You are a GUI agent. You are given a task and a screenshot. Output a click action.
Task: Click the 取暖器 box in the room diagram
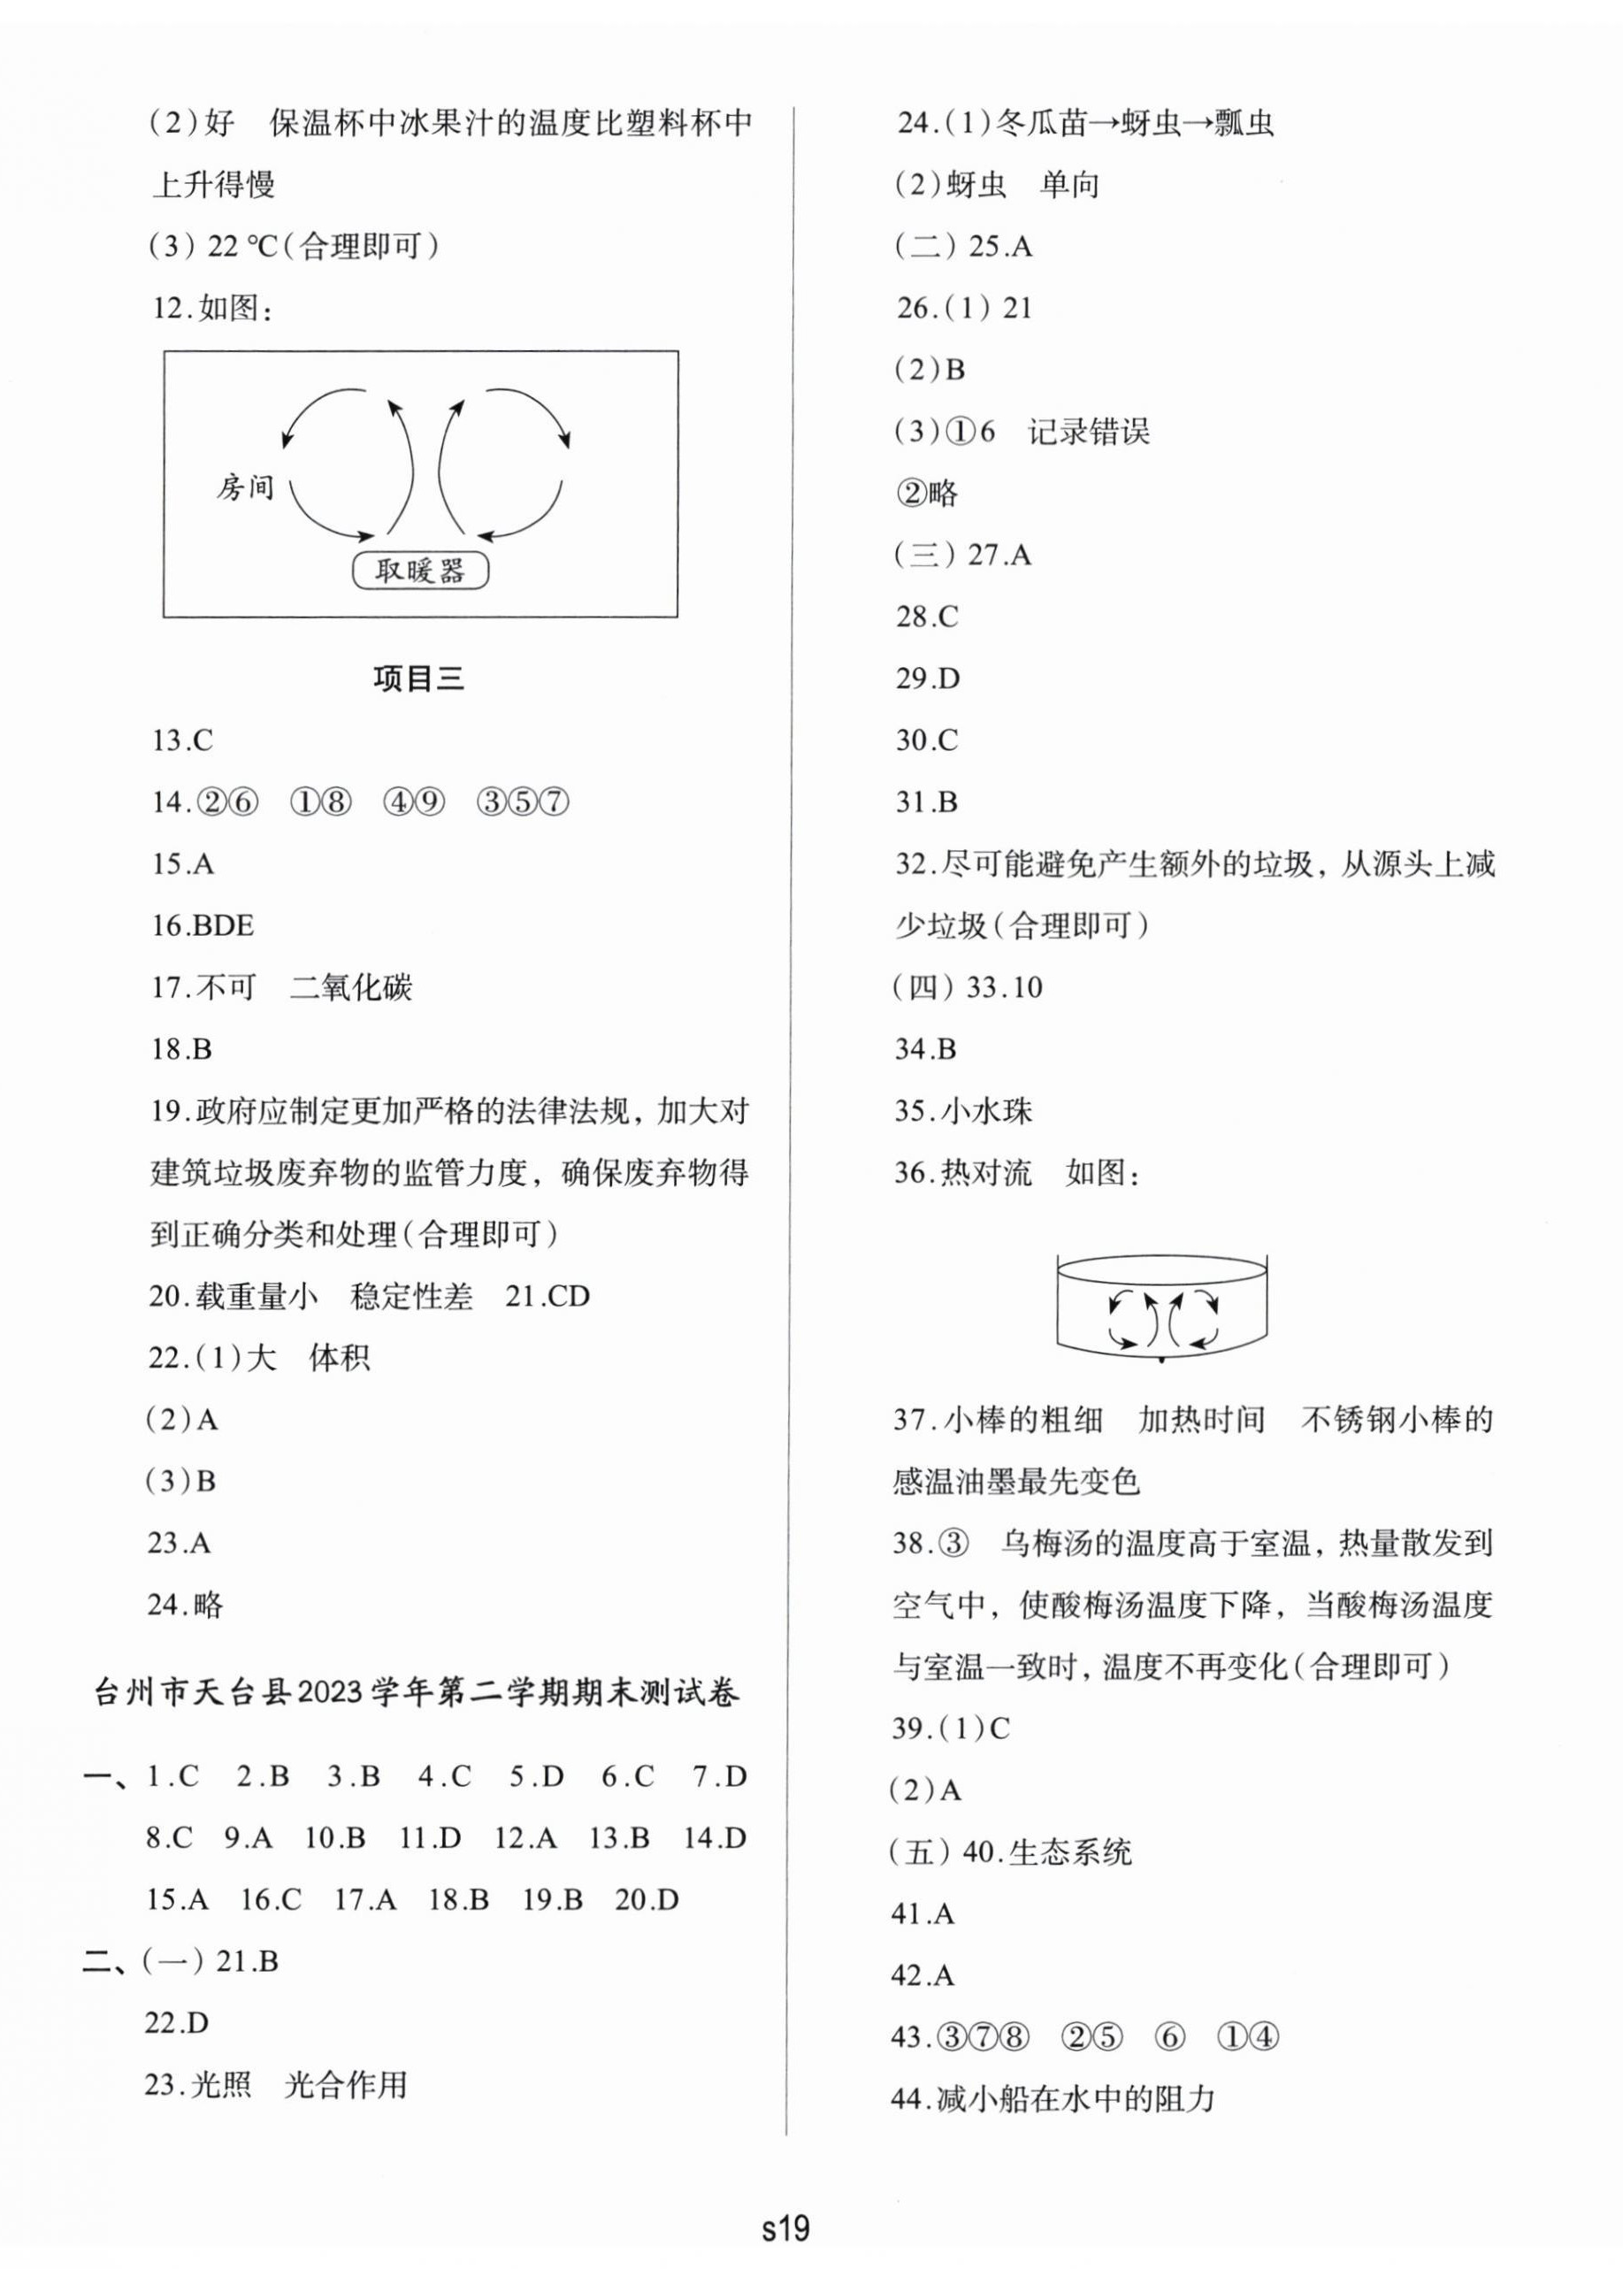coord(420,571)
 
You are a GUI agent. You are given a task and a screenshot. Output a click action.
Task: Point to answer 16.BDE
coord(203,925)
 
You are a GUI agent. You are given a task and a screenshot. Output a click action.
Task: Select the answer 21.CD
coord(547,1297)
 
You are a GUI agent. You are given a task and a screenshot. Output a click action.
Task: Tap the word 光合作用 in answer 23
coord(346,2085)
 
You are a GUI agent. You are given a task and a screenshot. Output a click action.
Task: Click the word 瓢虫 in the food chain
coord(1244,123)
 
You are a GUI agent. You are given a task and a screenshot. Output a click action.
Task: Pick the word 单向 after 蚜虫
coord(1069,185)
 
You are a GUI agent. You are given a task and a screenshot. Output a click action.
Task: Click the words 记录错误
coord(1088,432)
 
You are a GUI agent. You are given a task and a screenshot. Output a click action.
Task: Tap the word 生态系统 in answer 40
coord(1070,1852)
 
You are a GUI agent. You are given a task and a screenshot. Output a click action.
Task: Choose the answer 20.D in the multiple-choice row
coord(647,1899)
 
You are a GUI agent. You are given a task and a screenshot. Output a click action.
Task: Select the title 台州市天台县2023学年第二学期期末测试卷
coord(417,1693)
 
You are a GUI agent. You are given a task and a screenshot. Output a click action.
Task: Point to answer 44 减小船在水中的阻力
coord(1052,2098)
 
